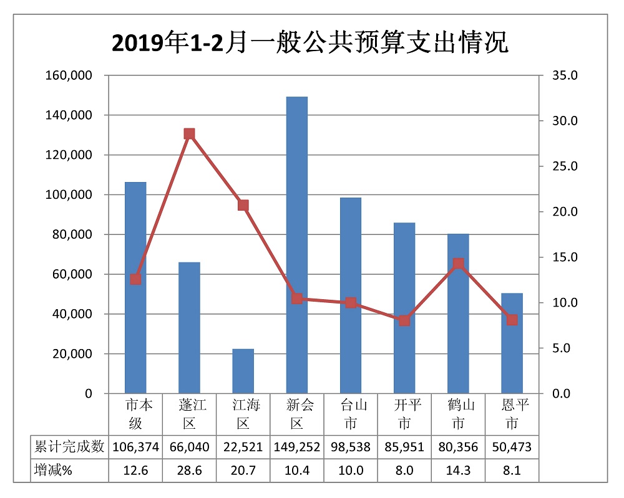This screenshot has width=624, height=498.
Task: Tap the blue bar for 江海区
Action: (243, 371)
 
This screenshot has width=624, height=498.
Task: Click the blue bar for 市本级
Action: (135, 287)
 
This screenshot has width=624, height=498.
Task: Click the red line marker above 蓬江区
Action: (189, 134)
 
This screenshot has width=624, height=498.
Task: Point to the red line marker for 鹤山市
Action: (458, 264)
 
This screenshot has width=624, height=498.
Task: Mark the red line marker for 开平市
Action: (404, 320)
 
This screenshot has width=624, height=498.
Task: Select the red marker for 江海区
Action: (243, 206)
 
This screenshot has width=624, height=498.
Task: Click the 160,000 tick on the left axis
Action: (69, 75)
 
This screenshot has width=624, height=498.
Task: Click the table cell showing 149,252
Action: (296, 447)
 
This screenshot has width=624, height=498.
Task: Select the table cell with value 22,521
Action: (243, 447)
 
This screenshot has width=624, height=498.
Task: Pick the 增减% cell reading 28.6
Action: (189, 470)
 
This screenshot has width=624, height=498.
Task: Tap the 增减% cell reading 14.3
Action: (458, 470)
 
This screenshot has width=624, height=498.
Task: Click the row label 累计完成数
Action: (69, 447)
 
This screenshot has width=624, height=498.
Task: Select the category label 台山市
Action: (351, 414)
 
